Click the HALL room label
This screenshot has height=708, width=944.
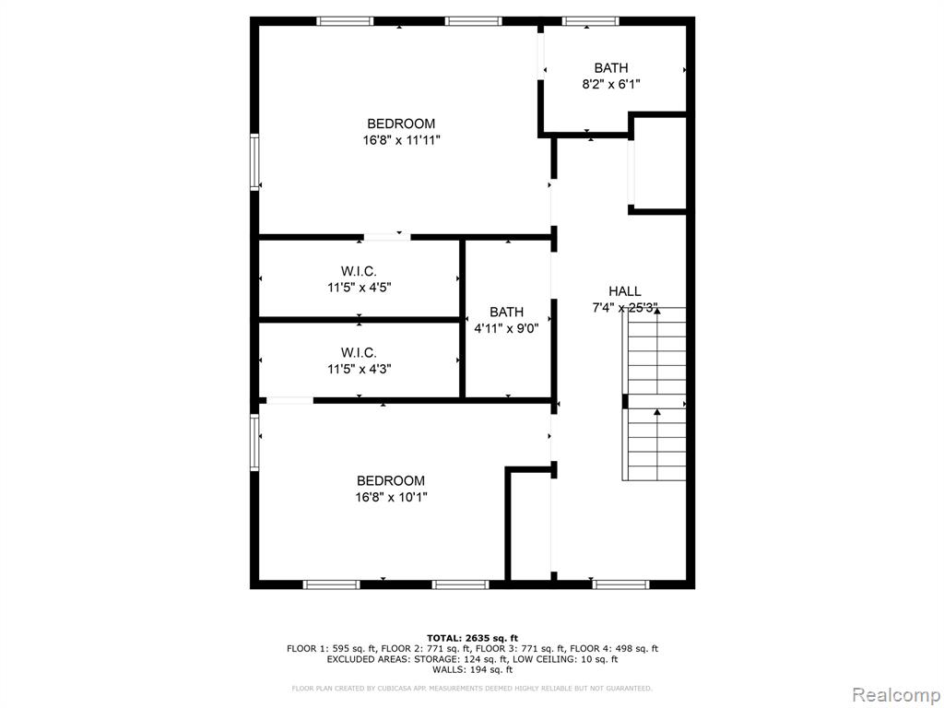(x=624, y=291)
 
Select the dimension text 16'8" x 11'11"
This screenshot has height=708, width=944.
(x=402, y=140)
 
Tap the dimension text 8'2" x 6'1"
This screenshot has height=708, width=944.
(x=610, y=84)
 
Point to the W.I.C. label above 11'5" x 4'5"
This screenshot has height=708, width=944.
(x=359, y=272)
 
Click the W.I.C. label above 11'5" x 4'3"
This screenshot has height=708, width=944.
(x=359, y=352)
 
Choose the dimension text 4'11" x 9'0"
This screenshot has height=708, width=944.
(x=506, y=329)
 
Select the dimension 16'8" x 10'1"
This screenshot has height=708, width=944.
(x=391, y=497)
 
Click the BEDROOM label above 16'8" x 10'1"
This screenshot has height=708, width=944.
(x=391, y=480)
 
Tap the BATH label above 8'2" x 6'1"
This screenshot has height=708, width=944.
(x=611, y=68)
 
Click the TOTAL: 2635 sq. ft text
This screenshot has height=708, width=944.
(x=472, y=638)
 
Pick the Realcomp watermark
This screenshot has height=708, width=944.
(x=895, y=694)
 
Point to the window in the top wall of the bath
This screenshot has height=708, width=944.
(x=591, y=22)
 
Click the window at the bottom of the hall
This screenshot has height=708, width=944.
(x=620, y=584)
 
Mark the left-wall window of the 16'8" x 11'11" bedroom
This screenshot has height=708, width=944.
(x=254, y=162)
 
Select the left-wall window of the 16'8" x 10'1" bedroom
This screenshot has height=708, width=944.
(x=254, y=442)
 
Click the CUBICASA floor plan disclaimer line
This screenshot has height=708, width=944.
(x=472, y=688)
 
